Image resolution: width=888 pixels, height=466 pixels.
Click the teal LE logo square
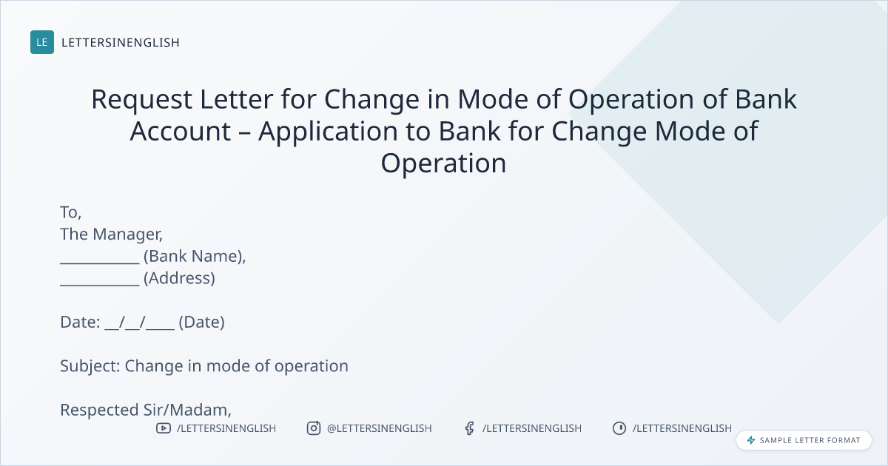click(x=42, y=42)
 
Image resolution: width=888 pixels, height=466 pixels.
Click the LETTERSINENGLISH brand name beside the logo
click(x=121, y=42)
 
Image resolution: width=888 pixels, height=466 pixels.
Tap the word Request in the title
click(x=142, y=100)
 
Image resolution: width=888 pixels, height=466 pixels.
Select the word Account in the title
click(x=181, y=131)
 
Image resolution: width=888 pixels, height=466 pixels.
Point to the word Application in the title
click(x=328, y=132)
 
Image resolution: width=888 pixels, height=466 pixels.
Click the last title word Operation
click(x=443, y=163)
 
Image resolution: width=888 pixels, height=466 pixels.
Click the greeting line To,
click(x=71, y=212)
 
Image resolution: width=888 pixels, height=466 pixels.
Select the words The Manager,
click(x=112, y=234)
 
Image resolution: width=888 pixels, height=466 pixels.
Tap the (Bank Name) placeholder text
click(x=195, y=257)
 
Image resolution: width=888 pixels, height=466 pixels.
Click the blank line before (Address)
click(x=100, y=285)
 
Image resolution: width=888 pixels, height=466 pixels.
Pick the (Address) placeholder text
click(x=179, y=278)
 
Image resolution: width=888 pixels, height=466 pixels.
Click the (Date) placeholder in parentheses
click(x=202, y=323)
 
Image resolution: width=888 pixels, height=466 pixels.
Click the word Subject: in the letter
click(x=90, y=366)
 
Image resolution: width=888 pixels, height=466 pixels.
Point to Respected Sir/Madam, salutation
click(x=146, y=410)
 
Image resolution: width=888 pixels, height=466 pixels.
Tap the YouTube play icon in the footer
click(x=164, y=428)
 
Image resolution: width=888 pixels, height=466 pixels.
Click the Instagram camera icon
click(x=314, y=428)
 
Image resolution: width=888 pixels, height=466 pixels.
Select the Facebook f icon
click(x=470, y=428)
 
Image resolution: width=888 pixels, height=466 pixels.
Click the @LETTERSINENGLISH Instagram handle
click(x=380, y=428)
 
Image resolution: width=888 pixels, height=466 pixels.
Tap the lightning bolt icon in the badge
click(x=751, y=440)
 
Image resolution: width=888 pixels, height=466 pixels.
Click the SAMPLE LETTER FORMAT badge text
click(x=810, y=440)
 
